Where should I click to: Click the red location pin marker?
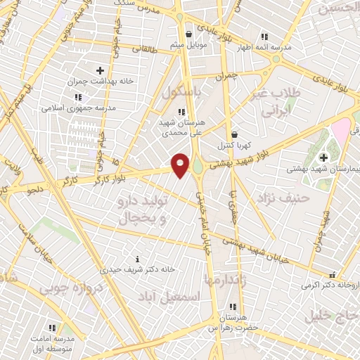point(181,165)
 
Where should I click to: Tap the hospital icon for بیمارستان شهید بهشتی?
point(323,157)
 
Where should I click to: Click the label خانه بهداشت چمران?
point(101,82)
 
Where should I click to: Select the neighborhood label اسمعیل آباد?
point(169,296)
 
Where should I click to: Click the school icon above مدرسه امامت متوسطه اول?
point(52,328)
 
